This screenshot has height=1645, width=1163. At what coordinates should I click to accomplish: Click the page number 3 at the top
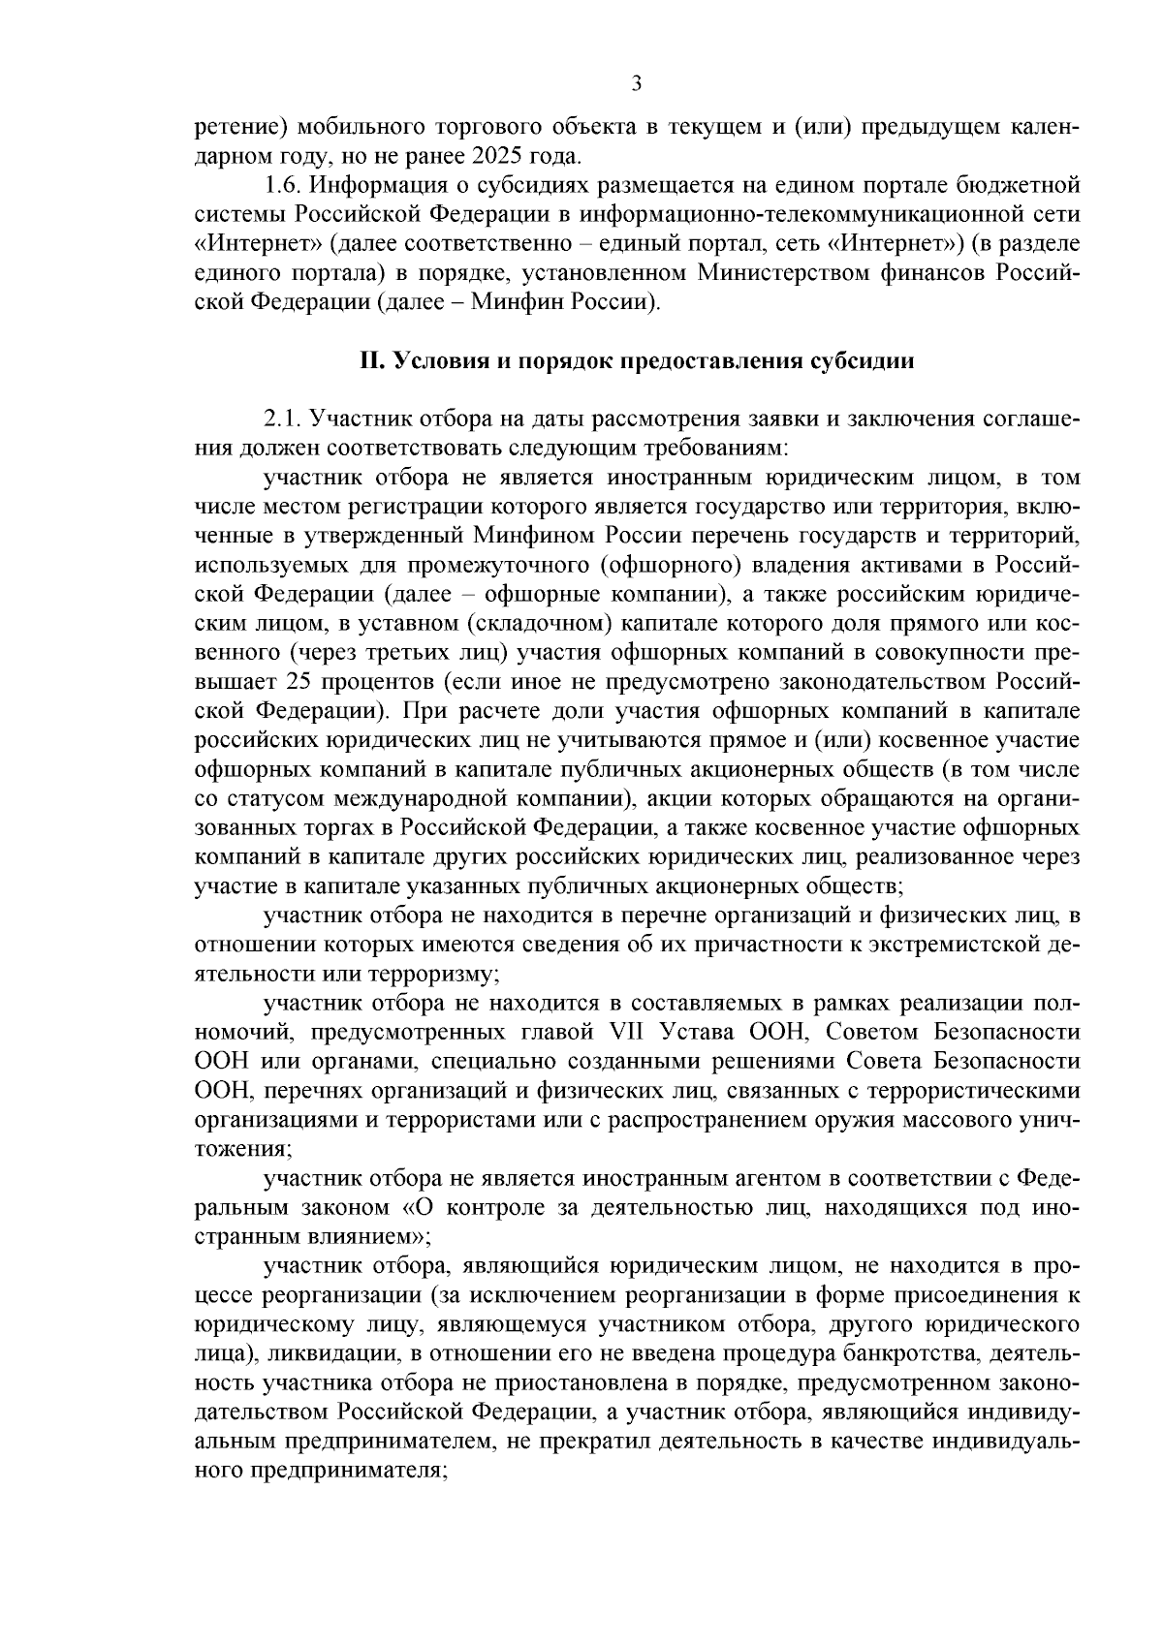pos(636,84)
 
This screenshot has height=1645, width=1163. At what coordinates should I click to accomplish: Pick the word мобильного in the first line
pos(361,127)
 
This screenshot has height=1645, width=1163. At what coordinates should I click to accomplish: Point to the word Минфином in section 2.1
pos(535,536)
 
